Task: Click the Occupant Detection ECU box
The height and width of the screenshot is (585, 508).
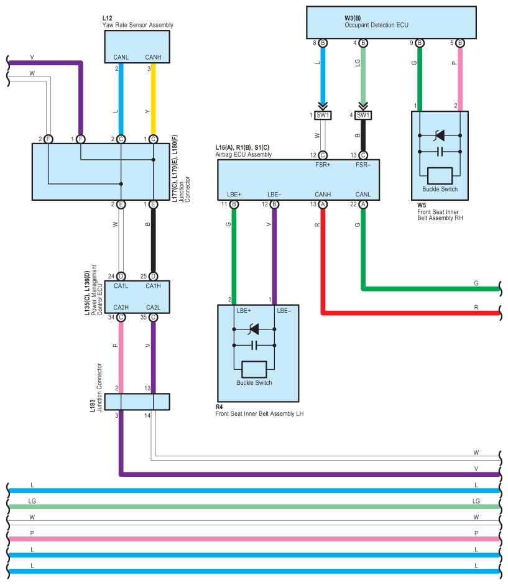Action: click(386, 22)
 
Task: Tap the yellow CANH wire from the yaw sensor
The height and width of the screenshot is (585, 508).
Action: click(153, 103)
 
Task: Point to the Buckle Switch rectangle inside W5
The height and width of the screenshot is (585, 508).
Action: click(440, 175)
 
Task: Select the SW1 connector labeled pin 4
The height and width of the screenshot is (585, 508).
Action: click(364, 115)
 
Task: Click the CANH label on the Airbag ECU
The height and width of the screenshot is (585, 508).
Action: click(323, 194)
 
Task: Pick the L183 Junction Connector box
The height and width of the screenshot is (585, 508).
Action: click(137, 402)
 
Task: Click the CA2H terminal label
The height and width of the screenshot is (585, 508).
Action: click(121, 307)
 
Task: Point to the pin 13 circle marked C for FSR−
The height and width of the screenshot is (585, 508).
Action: click(363, 155)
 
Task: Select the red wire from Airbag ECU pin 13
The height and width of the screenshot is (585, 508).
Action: click(323, 261)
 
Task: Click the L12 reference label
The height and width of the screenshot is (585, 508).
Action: click(107, 19)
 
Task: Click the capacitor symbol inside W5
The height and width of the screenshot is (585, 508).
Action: click(440, 151)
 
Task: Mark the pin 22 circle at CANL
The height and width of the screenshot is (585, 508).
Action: click(363, 204)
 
